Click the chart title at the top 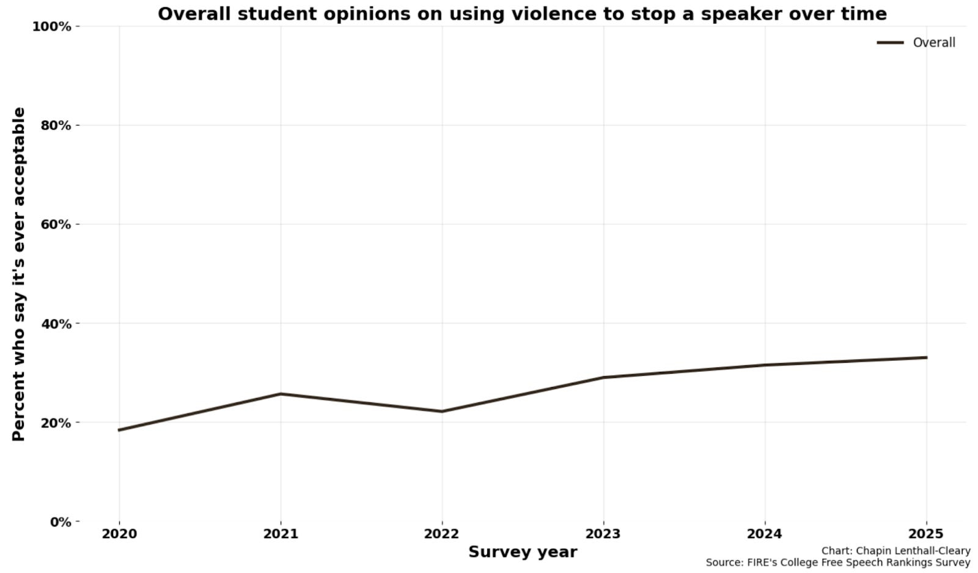coord(522,13)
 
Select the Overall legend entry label coord(933,42)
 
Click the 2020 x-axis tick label coord(119,534)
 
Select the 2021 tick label coord(281,534)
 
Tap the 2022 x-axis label coord(442,534)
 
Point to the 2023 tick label coord(603,534)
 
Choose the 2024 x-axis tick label coord(765,534)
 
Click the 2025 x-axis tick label coord(926,534)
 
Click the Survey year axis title coord(523,552)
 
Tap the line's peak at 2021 coord(281,394)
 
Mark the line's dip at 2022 coord(442,411)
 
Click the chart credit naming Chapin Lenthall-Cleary coord(895,551)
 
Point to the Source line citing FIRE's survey coord(837,563)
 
